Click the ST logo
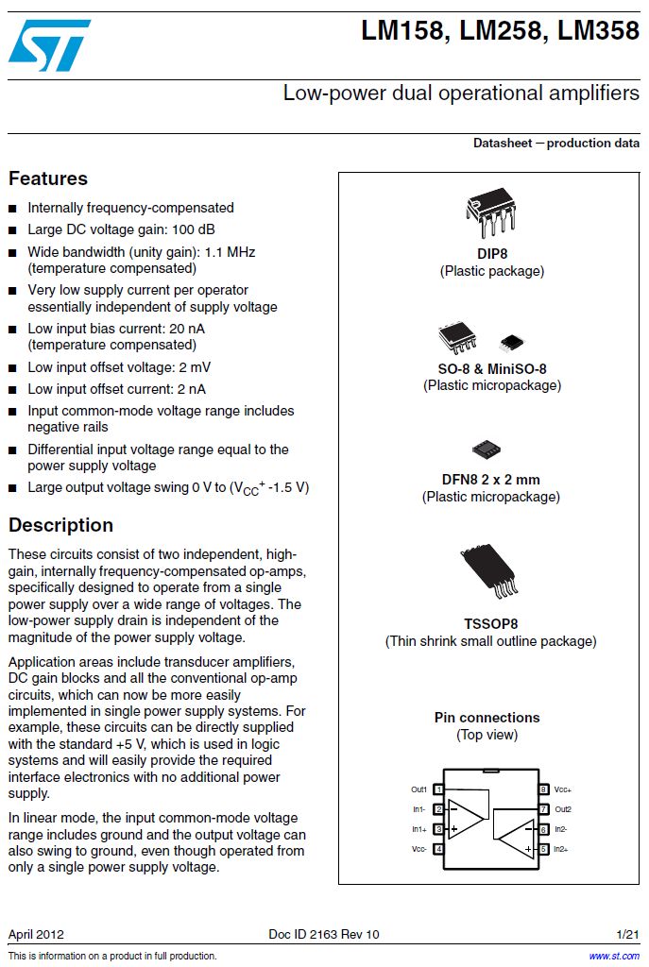[49, 45]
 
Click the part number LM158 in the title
[401, 31]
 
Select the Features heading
[48, 178]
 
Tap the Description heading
[60, 525]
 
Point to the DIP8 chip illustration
[491, 212]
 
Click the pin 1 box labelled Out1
[439, 789]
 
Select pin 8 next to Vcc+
[543, 789]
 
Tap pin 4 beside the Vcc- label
[439, 849]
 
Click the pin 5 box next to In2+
[543, 849]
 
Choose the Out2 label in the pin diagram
[563, 809]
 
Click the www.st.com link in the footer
[614, 956]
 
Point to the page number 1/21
[627, 934]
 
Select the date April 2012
[36, 934]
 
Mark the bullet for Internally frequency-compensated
[12, 208]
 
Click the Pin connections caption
[487, 718]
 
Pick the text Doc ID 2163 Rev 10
[324, 934]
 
